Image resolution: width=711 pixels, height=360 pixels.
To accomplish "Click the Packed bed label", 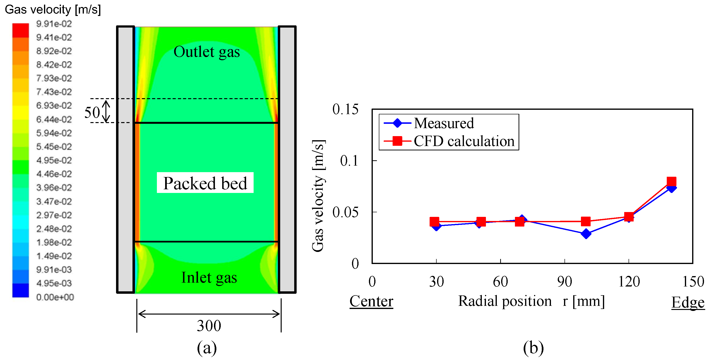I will coord(205,183).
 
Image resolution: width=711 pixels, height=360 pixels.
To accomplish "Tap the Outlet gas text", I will coord(206,52).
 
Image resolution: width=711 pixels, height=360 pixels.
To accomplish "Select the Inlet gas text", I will coord(209,278).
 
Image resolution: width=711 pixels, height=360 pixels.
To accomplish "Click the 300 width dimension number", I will coord(209,325).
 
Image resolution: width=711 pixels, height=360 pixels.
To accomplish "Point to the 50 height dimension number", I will coord(92,112).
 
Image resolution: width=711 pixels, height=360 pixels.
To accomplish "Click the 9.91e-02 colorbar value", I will coord(54,24).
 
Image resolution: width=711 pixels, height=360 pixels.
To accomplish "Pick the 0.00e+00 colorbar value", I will coord(55,297).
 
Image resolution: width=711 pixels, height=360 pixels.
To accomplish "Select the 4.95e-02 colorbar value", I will coord(54,160).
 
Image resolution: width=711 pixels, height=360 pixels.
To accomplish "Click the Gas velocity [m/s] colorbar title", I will coord(53,9).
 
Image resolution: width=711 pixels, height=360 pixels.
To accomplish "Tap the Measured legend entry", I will coord(444,123).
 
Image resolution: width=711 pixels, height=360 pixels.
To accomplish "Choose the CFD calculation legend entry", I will coord(464,141).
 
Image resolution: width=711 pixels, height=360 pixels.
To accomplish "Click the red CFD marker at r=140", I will coord(671,182).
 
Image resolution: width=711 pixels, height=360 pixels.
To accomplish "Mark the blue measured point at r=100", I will coord(586,234).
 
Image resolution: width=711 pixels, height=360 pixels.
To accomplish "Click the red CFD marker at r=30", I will coord(434,221).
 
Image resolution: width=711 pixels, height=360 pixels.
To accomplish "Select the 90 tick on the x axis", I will coord(564,282).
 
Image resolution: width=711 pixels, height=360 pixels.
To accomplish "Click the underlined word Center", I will coord(371,301).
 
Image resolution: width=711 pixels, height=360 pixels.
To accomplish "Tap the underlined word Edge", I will coord(688,302).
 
